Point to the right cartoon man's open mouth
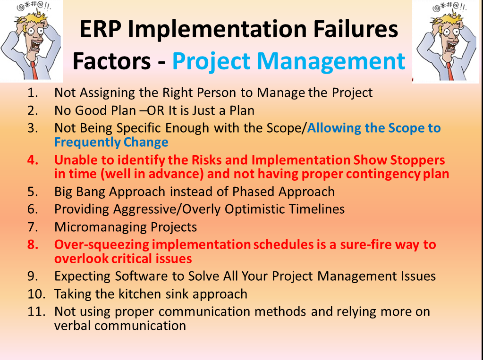coord(452,46)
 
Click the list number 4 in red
coord(33,160)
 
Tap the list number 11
coord(36,311)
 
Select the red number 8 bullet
coord(33,244)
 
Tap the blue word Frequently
coord(87,142)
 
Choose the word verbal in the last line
coord(72,326)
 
